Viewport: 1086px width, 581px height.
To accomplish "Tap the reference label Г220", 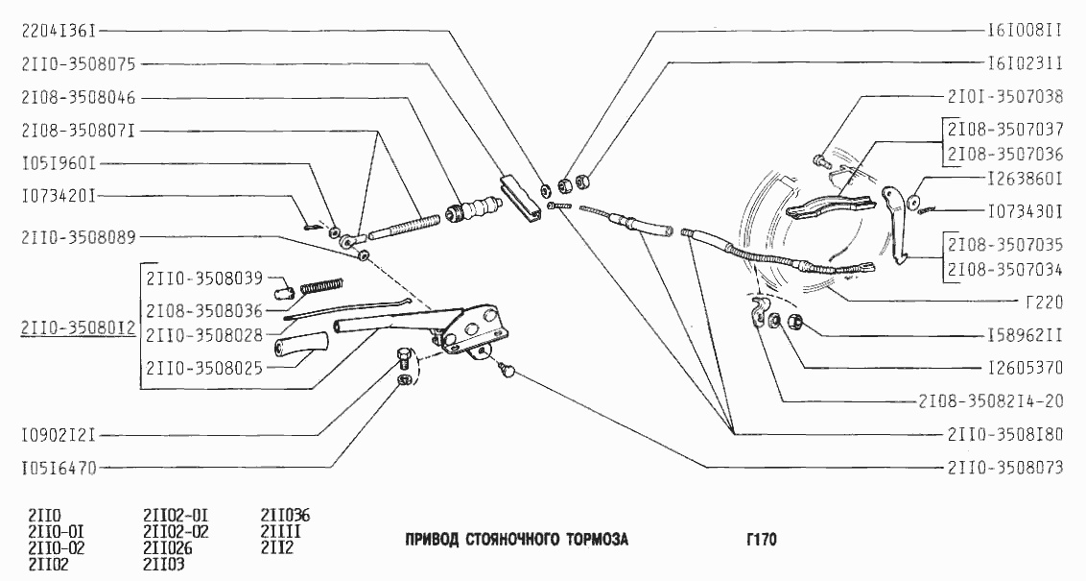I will pos(1043,302).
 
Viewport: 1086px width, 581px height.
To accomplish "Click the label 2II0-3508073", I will pos(1004,468).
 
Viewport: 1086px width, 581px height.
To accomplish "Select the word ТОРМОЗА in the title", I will pos(589,540).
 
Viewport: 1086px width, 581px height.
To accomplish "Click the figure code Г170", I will pos(761,540).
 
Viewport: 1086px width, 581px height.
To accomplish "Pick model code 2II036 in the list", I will pos(286,515).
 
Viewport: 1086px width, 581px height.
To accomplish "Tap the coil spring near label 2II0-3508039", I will pos(320,284).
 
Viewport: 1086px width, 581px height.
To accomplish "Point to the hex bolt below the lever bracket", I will pos(403,360).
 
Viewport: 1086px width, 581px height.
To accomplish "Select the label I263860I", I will pos(1025,179).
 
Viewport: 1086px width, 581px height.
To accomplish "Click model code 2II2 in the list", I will pos(276,547).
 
